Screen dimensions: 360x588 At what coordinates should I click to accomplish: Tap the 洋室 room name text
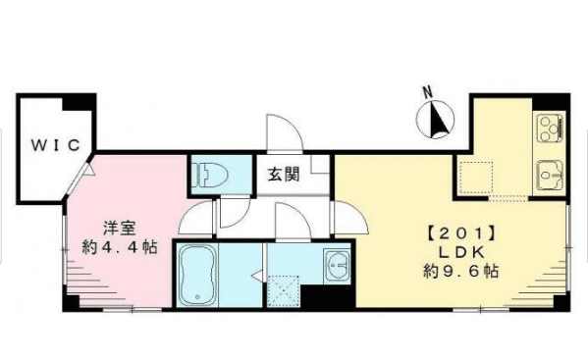pyautogui.click(x=121, y=229)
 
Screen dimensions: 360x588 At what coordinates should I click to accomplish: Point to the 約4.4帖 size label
pyautogui.click(x=121, y=249)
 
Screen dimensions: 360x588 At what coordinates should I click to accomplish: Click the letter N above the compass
pyautogui.click(x=427, y=93)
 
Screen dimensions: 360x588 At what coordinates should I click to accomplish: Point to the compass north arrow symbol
pyautogui.click(x=435, y=121)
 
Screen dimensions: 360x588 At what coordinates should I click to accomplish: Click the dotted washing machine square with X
pyautogui.click(x=284, y=291)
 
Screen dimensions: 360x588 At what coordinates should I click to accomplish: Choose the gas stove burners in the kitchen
pyautogui.click(x=547, y=128)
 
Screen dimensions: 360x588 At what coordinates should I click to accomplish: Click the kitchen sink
pyautogui.click(x=546, y=176)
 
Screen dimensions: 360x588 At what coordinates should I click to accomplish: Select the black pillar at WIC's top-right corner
pyautogui.click(x=80, y=101)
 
